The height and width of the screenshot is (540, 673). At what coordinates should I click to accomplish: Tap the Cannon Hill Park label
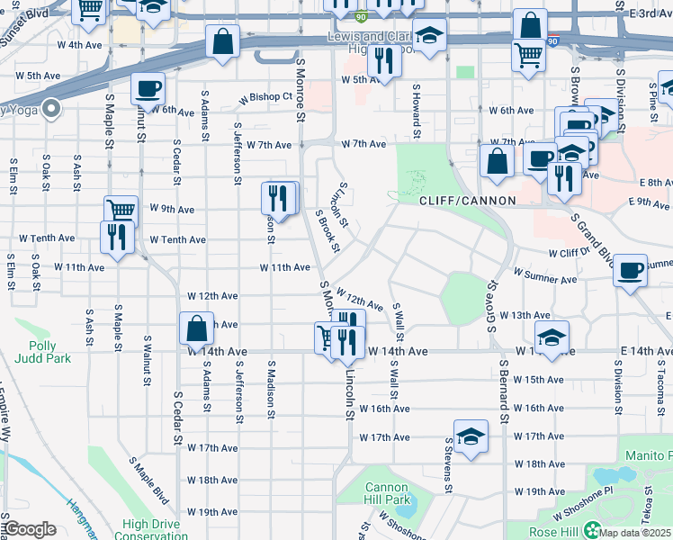pos(387,493)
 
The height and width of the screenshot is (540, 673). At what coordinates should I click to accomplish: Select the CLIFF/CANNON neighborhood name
pos(467,201)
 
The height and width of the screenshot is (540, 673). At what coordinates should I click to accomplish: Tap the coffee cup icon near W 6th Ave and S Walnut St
pos(148,89)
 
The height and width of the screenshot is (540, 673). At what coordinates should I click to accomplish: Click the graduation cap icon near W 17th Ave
pos(471,436)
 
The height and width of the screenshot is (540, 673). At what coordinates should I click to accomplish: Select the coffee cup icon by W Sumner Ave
pos(631,269)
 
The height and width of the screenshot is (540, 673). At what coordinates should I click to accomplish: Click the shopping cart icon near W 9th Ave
pos(121,211)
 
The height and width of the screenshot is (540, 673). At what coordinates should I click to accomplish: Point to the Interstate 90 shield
pos(361,16)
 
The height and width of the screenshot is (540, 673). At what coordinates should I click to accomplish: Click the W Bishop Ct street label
pos(266,96)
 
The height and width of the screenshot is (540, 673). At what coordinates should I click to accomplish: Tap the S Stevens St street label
pos(447,466)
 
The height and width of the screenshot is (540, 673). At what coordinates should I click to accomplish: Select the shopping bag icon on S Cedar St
pos(196,328)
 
